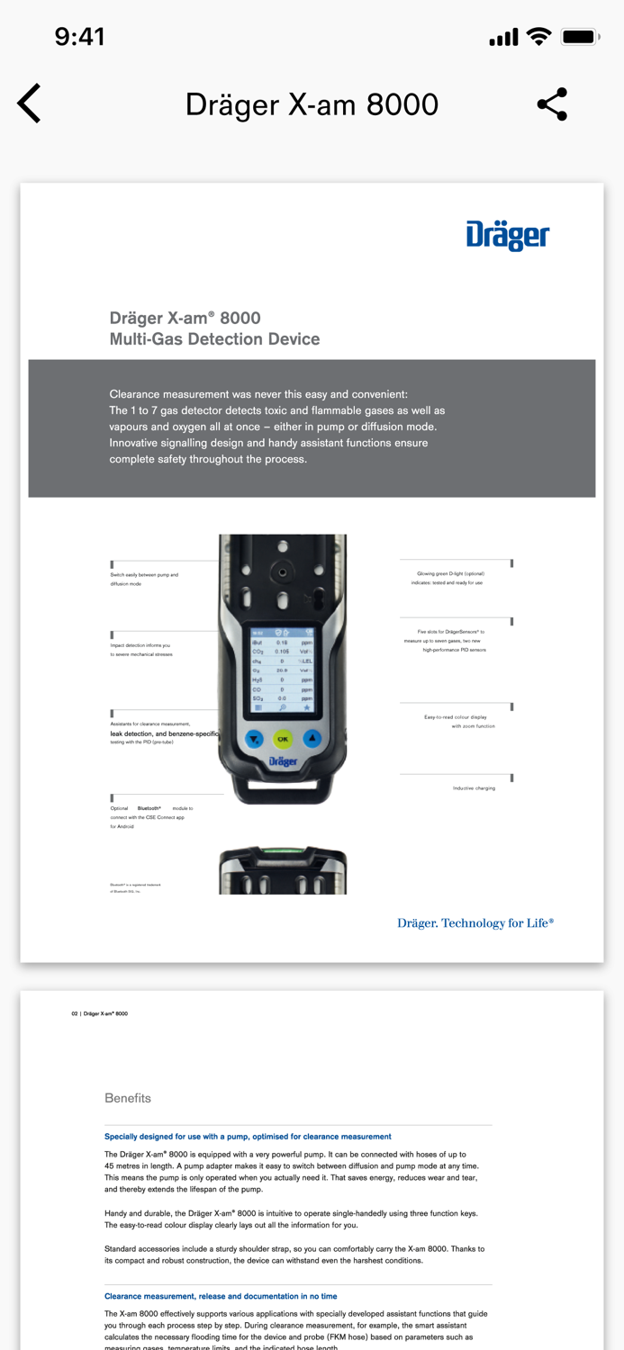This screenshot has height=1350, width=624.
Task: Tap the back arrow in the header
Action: pos(30,103)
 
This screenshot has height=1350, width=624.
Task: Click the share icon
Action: pos(552,104)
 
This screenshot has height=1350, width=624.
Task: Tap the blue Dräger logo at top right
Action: pos(507,236)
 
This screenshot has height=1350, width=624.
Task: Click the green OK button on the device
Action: pos(283,739)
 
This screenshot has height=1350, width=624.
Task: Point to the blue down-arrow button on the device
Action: pos(254,739)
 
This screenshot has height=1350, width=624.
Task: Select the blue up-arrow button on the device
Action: pos(312,739)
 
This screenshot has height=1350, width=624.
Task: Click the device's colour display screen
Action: pos(283,670)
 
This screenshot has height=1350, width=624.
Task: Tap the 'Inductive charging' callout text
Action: pos(474,788)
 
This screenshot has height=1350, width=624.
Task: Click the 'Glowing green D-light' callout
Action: pos(450,578)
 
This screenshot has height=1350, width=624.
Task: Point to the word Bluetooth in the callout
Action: pos(149,808)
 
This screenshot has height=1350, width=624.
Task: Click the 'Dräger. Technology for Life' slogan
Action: pos(475,922)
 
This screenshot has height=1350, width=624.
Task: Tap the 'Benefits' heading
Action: pos(128,1098)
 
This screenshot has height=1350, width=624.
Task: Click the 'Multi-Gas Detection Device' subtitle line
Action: pos(214,339)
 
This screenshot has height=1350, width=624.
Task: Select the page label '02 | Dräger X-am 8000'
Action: pos(100,1013)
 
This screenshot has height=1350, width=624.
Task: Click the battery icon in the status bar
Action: pos(579,37)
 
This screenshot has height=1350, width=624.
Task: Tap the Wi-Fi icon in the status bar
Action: pos(538,37)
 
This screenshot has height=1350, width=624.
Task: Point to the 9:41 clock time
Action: pos(79,37)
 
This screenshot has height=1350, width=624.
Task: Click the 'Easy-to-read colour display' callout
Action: pos(459,721)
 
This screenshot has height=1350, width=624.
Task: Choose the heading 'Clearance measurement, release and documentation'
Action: pos(221,1296)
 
